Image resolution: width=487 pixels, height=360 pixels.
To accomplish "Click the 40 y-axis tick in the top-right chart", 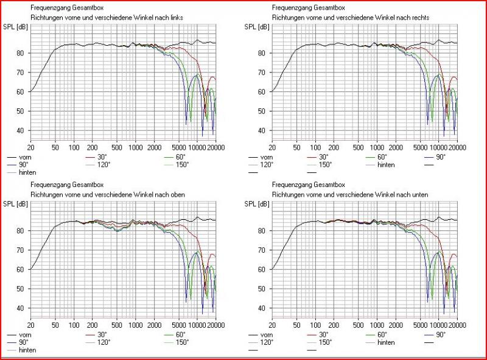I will (x=262, y=130).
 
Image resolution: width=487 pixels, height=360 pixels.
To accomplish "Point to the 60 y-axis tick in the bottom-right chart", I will (x=262, y=269).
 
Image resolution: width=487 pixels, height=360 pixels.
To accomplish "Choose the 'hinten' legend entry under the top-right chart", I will (x=386, y=164).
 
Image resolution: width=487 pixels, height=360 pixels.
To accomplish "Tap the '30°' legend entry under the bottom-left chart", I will (x=102, y=335).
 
